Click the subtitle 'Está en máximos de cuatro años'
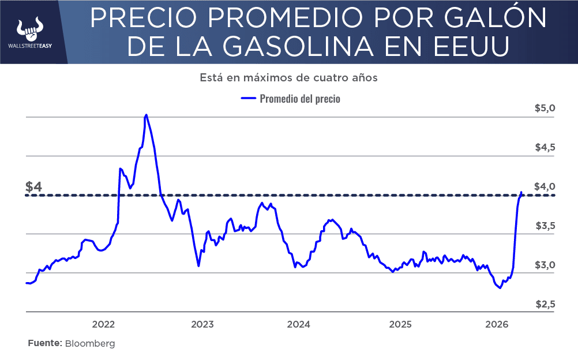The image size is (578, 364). click(x=288, y=77)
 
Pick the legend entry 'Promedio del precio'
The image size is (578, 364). click(x=299, y=99)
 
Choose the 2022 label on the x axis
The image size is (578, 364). click(x=103, y=324)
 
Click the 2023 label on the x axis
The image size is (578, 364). click(x=202, y=324)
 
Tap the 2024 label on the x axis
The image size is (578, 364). click(x=299, y=324)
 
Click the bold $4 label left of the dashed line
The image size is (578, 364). click(x=34, y=187)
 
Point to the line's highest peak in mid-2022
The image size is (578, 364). click(x=146, y=115)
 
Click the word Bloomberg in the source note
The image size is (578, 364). click(x=90, y=343)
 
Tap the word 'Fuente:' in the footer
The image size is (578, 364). click(x=45, y=343)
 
